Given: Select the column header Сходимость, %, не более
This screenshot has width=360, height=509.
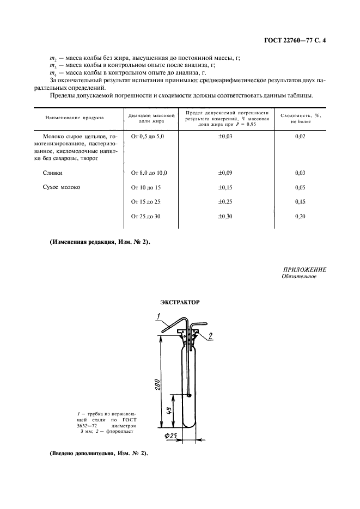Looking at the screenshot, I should pyautogui.click(x=300, y=119).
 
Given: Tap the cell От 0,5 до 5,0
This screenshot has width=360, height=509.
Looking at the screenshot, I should pyautogui.click(x=148, y=136).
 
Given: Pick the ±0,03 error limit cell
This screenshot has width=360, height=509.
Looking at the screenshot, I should pyautogui.click(x=225, y=136).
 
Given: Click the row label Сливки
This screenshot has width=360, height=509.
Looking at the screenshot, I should pyautogui.click(x=52, y=173).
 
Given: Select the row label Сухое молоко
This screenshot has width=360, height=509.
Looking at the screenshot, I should pyautogui.click(x=61, y=187).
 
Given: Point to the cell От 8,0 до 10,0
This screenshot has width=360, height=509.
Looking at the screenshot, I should pyautogui.click(x=149, y=173).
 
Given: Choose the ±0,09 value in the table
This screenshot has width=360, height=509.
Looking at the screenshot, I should pyautogui.click(x=225, y=173).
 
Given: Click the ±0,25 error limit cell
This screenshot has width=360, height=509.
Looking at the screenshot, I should pyautogui.click(x=225, y=201).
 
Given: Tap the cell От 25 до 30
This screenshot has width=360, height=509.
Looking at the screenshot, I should pyautogui.click(x=147, y=216).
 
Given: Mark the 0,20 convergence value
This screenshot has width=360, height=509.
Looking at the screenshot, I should pyautogui.click(x=300, y=216).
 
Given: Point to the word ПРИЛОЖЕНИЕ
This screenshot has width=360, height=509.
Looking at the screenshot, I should pyautogui.click(x=304, y=269).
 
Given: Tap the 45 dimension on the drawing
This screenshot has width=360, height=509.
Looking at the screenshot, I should pyautogui.click(x=168, y=412).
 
